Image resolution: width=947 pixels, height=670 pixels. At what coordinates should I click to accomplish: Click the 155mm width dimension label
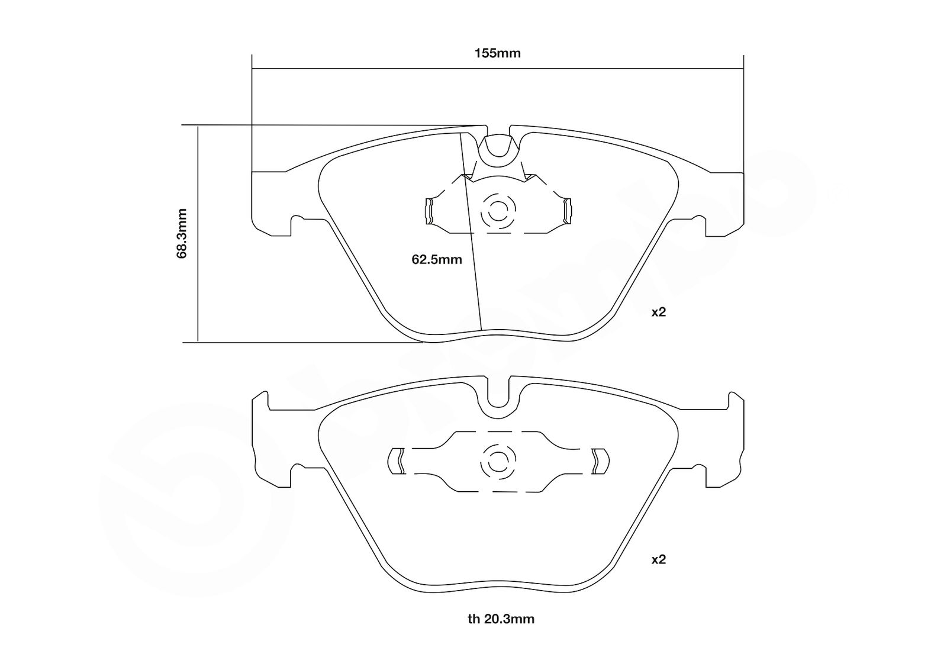point(497,54)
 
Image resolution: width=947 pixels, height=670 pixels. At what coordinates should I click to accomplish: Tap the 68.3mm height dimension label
point(182,233)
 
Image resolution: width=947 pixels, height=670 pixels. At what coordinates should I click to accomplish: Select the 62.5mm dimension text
point(437,260)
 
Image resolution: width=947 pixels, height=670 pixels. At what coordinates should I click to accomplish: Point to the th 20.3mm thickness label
point(501,619)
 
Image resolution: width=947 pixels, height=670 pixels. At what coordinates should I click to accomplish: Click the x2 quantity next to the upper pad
point(658,313)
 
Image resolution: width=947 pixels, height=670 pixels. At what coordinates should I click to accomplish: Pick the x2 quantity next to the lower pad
point(658,560)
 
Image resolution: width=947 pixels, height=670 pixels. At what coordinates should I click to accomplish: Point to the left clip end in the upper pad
point(429,211)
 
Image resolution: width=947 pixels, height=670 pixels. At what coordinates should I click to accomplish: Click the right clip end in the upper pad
point(567,211)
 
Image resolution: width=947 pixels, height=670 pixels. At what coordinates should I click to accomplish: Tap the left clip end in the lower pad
point(395,461)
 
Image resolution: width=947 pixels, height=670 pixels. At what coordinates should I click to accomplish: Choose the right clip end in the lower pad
point(601,461)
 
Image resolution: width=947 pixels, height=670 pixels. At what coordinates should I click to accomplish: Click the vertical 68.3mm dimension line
point(198,234)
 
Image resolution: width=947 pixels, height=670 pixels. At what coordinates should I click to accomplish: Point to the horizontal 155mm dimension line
point(498,68)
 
